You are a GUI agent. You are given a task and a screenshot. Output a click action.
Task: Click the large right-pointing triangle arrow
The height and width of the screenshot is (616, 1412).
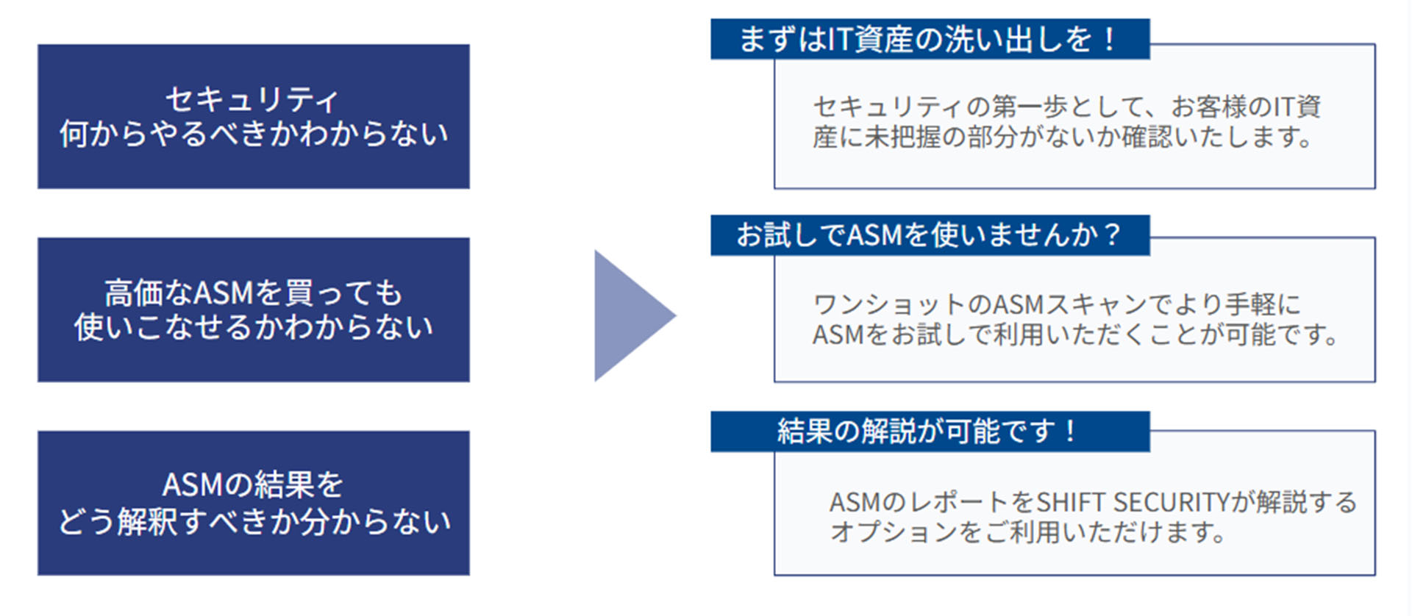tap(629, 316)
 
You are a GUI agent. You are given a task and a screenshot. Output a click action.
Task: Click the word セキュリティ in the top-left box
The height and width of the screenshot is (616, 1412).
tap(252, 100)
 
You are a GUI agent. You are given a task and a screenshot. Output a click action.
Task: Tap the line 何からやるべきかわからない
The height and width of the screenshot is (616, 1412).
tap(254, 135)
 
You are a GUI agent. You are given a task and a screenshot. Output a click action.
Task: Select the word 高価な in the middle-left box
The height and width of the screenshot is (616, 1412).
tap(147, 293)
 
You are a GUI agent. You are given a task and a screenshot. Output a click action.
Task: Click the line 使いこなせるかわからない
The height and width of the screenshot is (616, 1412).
tap(254, 327)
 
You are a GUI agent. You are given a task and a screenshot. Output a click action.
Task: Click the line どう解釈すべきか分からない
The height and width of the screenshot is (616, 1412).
tap(254, 521)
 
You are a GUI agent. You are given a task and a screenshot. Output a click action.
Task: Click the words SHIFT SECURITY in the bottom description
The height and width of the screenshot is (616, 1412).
tap(1133, 503)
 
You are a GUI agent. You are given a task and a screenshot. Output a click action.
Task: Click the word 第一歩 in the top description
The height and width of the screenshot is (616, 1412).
tap(1030, 107)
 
